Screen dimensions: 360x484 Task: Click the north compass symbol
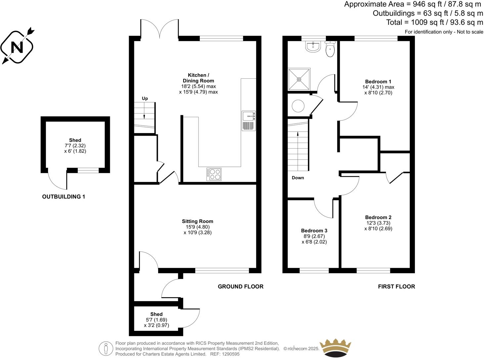[17, 47]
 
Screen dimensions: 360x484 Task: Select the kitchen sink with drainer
[248, 121]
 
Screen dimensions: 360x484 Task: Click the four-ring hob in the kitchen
[214, 174]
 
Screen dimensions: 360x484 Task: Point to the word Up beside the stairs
[145, 99]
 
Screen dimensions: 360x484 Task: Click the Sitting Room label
[198, 221]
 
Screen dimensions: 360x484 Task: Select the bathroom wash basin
[313, 47]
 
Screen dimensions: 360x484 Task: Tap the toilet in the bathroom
[330, 49]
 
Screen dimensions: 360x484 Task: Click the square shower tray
[299, 79]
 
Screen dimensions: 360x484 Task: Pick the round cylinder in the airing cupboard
[298, 106]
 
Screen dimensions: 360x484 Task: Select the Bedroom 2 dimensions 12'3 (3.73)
[378, 223]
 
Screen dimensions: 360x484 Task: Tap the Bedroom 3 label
[314, 231]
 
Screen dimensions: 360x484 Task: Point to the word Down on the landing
[298, 178]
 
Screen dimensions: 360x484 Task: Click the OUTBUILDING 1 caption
[64, 197]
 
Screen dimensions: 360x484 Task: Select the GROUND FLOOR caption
[241, 287]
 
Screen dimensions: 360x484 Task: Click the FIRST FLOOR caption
[396, 287]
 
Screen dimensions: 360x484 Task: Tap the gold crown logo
[335, 348]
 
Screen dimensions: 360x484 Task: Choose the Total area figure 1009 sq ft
[426, 22]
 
